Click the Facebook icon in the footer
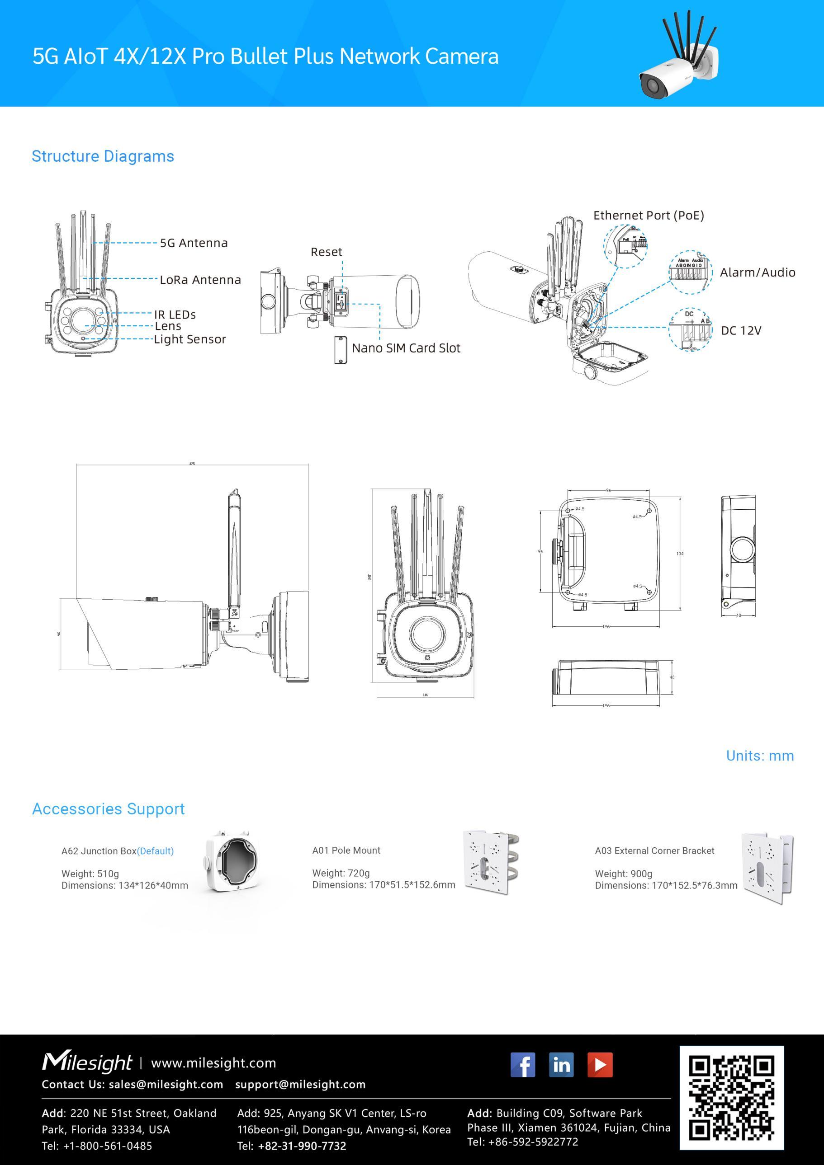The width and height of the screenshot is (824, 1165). click(x=522, y=1065)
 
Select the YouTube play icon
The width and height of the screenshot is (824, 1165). click(x=600, y=1065)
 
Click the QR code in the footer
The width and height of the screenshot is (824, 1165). click(x=731, y=1098)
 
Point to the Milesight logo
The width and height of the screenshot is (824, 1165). click(x=87, y=1062)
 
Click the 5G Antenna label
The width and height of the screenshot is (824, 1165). click(x=194, y=243)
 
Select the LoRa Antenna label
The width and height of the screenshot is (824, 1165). click(x=200, y=280)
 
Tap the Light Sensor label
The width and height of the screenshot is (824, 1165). click(x=190, y=339)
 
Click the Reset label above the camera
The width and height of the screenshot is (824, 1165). click(x=326, y=252)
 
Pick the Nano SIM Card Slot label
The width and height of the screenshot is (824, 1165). click(x=406, y=348)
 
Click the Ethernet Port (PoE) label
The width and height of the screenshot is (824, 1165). click(x=649, y=215)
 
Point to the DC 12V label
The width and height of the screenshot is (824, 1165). click(x=741, y=331)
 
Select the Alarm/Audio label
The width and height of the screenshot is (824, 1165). click(x=757, y=272)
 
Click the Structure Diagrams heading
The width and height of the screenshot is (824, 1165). click(x=103, y=156)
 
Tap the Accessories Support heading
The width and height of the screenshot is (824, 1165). click(x=108, y=809)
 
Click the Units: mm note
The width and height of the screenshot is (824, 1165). click(x=759, y=756)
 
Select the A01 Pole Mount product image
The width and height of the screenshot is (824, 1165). click(x=491, y=862)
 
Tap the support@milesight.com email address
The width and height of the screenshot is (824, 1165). click(x=300, y=1084)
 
